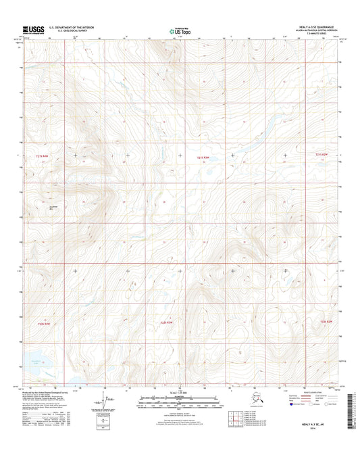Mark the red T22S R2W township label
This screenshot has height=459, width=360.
pyautogui.click(x=326, y=321)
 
